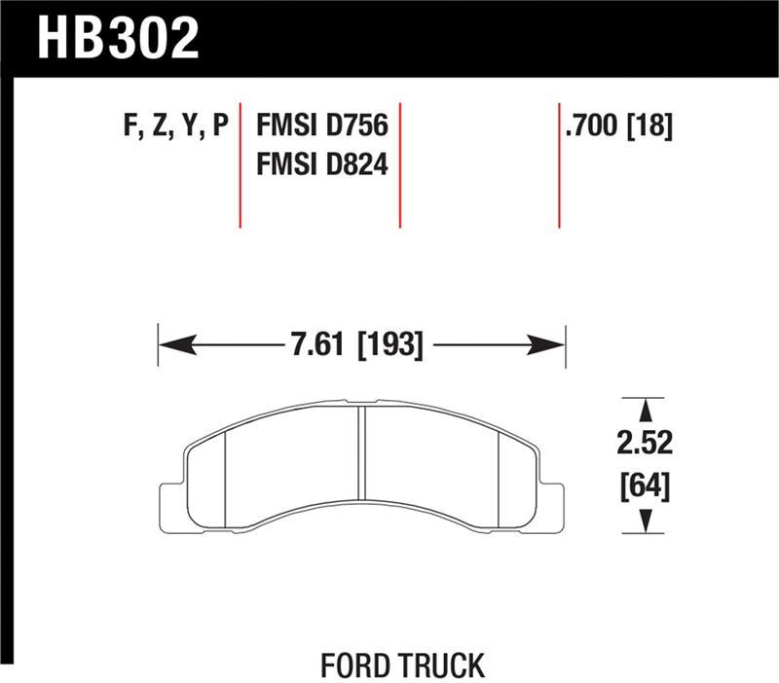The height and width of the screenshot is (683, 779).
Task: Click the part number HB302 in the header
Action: point(117,36)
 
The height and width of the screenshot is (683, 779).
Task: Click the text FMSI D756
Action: point(321,126)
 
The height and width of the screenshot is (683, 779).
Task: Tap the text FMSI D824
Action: point(321,165)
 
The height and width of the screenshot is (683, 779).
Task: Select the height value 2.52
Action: point(644,444)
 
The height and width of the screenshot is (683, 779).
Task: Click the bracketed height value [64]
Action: point(644,485)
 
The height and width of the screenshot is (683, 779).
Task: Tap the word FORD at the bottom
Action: point(354,665)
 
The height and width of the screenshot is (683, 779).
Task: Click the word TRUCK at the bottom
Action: point(438,665)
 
